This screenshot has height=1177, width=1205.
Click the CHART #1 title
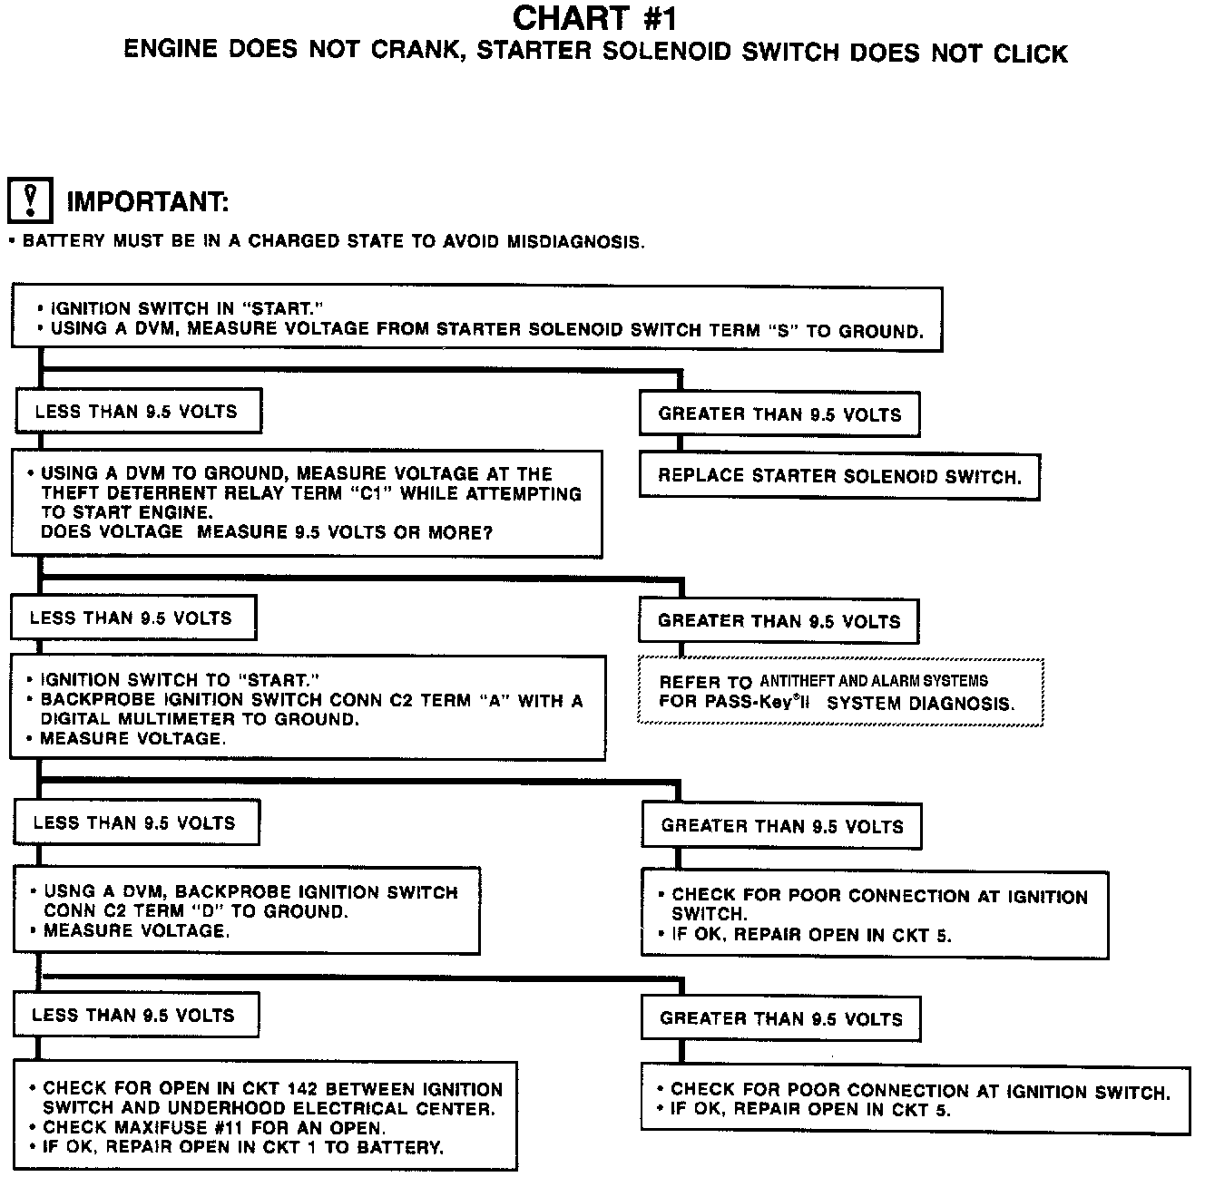[594, 18]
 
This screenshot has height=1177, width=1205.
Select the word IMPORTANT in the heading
[147, 201]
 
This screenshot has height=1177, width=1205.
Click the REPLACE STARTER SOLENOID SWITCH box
[839, 476]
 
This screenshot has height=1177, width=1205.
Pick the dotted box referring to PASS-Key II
[841, 693]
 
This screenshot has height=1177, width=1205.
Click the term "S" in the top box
[781, 330]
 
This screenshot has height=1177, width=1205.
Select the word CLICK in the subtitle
[1030, 53]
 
